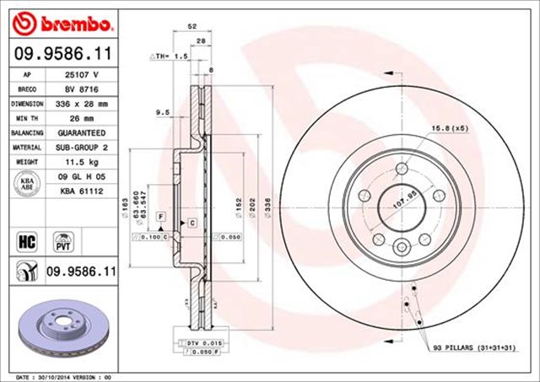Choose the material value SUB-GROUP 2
[x=82, y=148]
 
